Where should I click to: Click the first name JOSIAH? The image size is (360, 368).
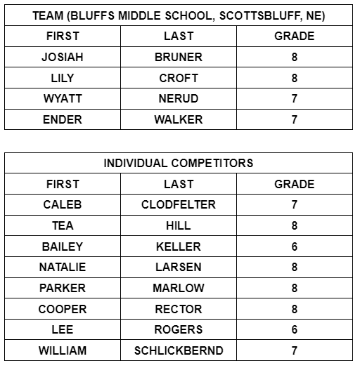(63, 57)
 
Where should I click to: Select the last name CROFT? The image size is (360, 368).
(179, 78)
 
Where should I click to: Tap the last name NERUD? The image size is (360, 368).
(179, 99)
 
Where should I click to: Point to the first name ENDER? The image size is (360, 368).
(63, 119)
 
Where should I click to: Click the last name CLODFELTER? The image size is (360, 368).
(179, 205)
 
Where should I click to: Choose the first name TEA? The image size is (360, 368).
(63, 225)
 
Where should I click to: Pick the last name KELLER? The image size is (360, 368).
(179, 247)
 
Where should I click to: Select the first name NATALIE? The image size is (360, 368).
(63, 268)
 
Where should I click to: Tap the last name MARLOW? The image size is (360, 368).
(179, 288)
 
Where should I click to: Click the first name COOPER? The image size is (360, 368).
(63, 309)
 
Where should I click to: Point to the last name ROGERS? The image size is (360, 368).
(179, 329)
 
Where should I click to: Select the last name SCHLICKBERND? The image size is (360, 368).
(179, 350)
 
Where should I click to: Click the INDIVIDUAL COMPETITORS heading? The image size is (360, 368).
(179, 163)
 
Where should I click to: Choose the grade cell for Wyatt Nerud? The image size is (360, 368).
(295, 99)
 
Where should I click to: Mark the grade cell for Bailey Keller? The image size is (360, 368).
(295, 247)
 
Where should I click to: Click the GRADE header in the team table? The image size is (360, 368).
(295, 36)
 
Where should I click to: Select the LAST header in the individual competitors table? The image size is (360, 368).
(179, 184)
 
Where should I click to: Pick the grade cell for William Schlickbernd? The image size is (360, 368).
(295, 350)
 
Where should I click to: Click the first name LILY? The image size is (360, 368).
(63, 78)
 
